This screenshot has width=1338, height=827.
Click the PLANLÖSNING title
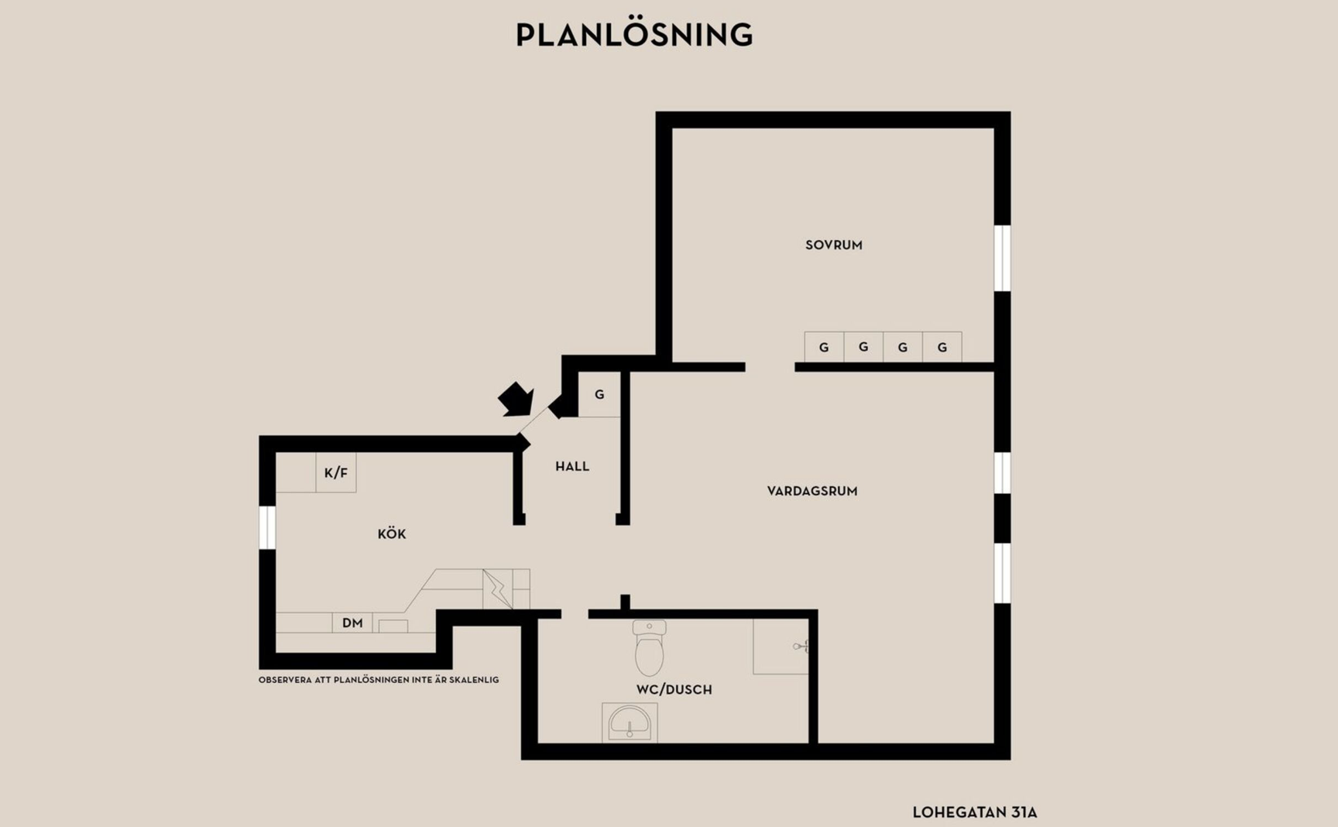pos(634,35)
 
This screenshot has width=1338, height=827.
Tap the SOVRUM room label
pos(834,245)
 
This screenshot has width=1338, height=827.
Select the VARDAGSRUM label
pos(812,491)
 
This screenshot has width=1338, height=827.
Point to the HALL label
pos(572,466)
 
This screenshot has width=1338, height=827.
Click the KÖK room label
pos(392,534)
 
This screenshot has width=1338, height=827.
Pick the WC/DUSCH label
pos(674,689)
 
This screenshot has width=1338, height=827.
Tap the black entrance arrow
pos(516,400)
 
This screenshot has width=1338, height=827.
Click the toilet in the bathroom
pos(650,647)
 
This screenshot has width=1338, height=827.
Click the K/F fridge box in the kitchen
pos(336,472)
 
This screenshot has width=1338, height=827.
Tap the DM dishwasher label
pos(352,623)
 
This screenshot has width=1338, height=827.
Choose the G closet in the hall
pos(599,395)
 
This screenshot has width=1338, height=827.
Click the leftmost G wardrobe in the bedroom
pos(824,347)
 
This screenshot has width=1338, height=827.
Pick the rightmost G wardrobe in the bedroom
pos(942,347)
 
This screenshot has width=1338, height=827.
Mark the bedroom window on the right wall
pos(1002,258)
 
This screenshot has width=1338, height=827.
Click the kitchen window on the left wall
pos(267,527)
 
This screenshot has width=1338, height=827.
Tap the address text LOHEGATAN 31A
pos(975,812)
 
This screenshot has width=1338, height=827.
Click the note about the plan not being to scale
pos(379,680)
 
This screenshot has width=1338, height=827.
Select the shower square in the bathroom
pos(780,647)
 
